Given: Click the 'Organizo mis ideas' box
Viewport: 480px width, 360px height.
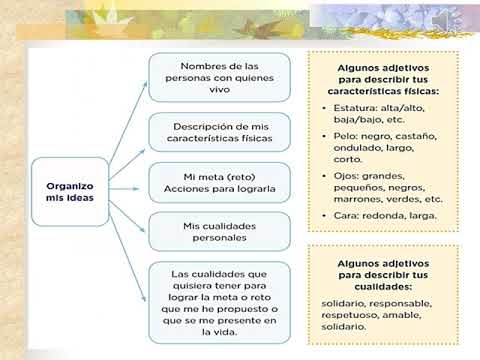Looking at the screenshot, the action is pos(70,192).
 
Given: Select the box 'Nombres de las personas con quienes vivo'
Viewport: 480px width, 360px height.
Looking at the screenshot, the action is pos(220,77).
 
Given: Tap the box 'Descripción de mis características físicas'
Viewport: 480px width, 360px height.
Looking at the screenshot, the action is pos(220,132).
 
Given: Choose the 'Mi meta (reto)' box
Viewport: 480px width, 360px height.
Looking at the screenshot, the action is pos(220,183).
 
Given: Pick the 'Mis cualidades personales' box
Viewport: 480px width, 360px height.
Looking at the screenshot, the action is pos(220,232).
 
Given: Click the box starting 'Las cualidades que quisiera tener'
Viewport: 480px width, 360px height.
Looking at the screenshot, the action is pos(220,303).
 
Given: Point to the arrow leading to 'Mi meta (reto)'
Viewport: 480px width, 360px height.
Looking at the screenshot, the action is pos(124,189).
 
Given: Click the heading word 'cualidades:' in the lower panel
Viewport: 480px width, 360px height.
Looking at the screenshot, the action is pos(383,287).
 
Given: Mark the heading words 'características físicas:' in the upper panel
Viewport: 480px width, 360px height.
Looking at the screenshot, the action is pos(383,91).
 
